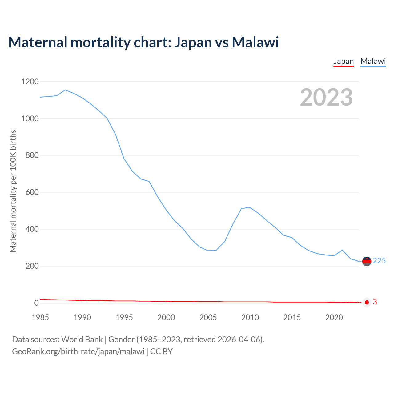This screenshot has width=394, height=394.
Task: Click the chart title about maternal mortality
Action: point(143,42)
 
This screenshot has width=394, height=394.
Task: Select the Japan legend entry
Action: point(344,61)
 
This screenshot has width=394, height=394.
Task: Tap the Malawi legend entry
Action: point(373,61)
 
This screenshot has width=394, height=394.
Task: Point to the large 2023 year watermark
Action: point(326,97)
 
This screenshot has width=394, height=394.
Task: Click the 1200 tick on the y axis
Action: point(30,82)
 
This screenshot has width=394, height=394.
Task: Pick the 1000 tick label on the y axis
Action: point(30,119)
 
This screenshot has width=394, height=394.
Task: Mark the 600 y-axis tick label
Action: point(32,192)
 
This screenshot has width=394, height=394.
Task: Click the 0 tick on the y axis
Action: point(37,303)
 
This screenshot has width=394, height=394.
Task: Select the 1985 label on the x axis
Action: point(40,317)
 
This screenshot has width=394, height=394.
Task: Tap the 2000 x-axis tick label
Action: point(166,317)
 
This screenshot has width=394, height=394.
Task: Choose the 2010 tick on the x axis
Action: point(250,317)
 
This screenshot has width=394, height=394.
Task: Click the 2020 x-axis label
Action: point(334,317)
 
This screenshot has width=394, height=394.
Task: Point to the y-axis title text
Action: point(13,191)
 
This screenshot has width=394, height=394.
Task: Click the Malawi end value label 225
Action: point(379,261)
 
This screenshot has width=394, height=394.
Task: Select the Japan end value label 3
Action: point(375,302)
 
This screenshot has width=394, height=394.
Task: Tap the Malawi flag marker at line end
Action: point(367,261)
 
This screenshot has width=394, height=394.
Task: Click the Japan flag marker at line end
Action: point(367,302)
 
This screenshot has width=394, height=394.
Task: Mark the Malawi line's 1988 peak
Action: point(65,90)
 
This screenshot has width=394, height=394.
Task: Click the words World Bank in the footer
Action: point(82,340)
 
